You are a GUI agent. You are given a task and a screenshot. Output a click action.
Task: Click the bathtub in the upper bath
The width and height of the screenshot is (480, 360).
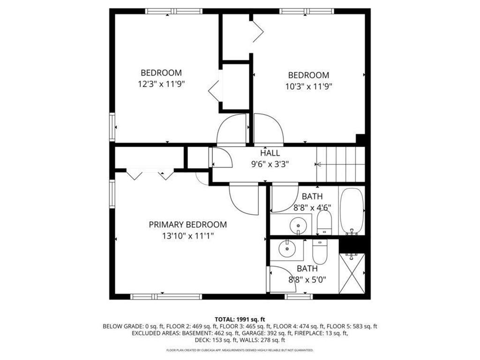coord(351,210)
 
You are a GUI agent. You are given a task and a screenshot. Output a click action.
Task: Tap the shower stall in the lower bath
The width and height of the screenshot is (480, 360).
coord(351,273)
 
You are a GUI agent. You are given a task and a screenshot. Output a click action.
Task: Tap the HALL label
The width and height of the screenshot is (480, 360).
coord(270,153)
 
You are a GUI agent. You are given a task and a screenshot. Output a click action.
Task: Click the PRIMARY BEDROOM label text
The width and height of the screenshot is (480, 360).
coord(187,225)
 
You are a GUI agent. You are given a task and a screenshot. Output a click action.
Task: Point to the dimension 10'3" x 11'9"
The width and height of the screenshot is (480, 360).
coord(308,86)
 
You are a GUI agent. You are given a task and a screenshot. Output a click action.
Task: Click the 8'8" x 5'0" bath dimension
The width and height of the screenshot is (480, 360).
coord(307,280)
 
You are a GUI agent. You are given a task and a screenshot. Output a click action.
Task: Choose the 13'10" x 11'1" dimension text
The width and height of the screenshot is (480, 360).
coord(187,236)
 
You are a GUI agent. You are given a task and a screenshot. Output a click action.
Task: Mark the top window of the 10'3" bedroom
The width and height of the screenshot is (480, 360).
coord(307,11)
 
